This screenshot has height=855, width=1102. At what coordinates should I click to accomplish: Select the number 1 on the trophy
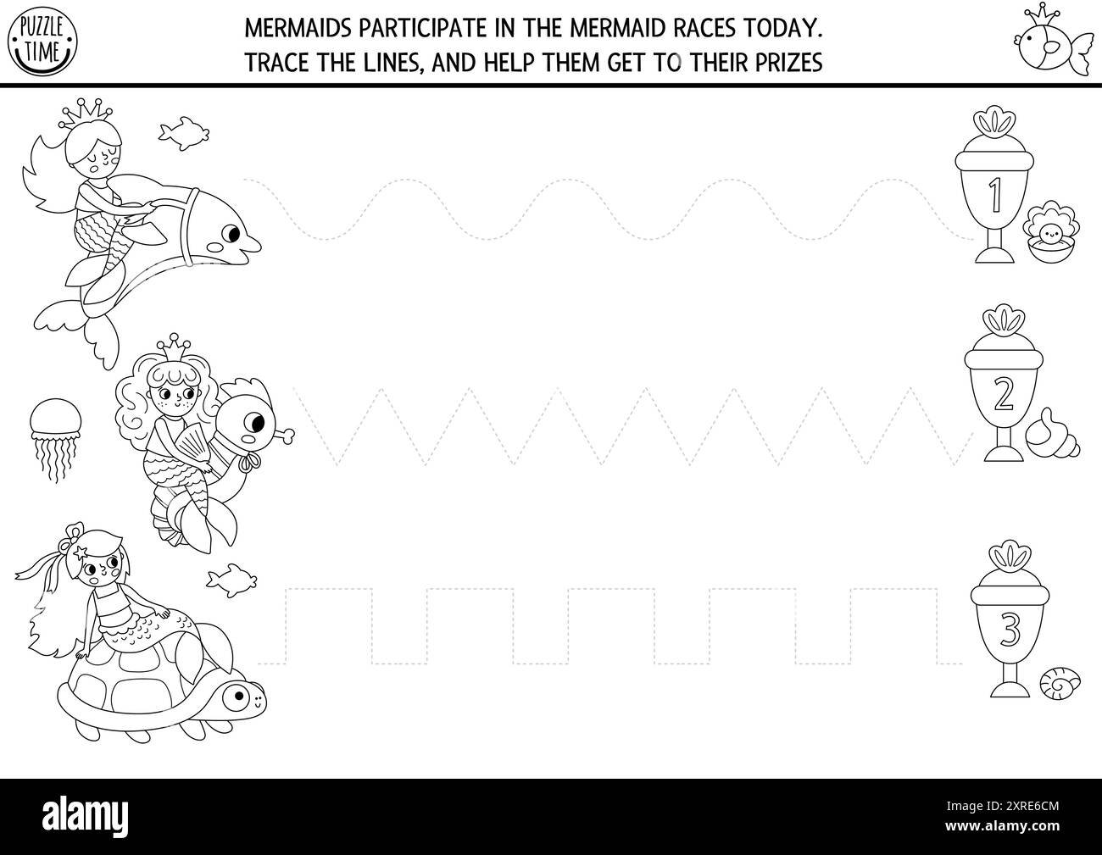995,193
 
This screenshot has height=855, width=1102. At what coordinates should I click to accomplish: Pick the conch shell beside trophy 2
1051,432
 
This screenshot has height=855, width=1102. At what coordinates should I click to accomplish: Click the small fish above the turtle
231,579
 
